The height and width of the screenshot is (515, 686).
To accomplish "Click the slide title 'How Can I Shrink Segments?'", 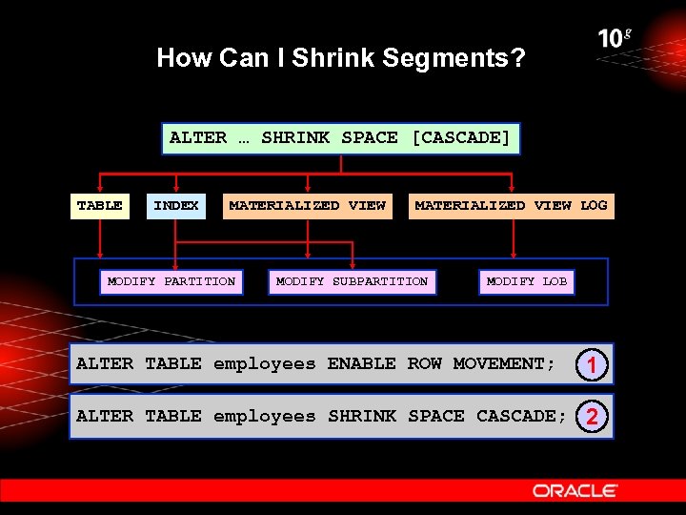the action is [340, 58].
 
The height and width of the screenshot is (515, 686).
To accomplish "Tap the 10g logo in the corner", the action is [615, 39].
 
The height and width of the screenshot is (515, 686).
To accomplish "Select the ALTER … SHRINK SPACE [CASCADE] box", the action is [340, 137].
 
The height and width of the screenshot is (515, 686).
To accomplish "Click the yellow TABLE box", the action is [100, 205].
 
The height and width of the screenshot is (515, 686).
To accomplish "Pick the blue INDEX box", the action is [176, 205].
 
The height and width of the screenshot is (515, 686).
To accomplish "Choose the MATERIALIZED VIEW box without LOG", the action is [307, 205].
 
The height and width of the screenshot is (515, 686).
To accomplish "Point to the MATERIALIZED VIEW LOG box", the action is [511, 205].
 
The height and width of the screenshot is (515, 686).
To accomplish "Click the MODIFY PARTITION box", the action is [171, 281].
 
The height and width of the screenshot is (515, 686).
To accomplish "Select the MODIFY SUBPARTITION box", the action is [352, 281].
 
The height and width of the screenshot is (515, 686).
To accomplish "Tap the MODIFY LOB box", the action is [526, 281].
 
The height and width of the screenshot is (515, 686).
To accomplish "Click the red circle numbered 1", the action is [592, 364].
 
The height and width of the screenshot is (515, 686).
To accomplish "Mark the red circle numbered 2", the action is [592, 417].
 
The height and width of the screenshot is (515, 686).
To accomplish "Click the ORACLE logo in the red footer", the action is [575, 490].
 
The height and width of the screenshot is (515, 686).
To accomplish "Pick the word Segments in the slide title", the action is [454, 58].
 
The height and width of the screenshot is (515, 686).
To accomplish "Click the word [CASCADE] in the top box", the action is [461, 137].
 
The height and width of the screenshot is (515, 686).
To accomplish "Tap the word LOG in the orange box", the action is [593, 205].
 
